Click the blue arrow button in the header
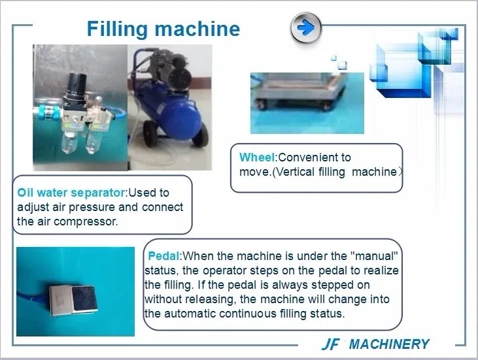click(306, 28)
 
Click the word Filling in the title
click(117, 29)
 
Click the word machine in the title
click(197, 29)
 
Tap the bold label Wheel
click(257, 157)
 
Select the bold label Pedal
click(163, 256)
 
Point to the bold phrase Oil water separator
click(71, 193)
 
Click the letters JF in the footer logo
click(330, 344)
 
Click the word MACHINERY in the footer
click(389, 344)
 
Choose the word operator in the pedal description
click(225, 270)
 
